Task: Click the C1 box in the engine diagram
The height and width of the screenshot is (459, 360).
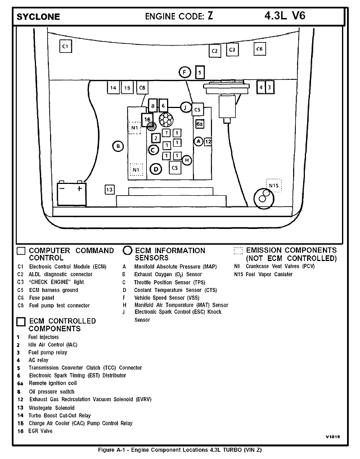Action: (66, 46)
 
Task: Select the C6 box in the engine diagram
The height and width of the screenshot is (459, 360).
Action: (260, 49)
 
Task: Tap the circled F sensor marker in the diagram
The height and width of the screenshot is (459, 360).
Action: (184, 73)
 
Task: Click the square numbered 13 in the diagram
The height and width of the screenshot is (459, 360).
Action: (110, 190)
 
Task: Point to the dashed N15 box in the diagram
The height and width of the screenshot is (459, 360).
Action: (274, 185)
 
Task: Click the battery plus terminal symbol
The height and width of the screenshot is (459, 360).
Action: (79, 188)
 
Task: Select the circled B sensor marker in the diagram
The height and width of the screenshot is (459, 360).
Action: (118, 146)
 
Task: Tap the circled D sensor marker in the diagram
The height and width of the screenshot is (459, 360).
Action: (156, 169)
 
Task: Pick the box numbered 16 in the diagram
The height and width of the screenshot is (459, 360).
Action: (147, 119)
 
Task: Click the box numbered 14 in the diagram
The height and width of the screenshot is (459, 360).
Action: (113, 88)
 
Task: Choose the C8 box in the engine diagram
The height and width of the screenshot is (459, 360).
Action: (142, 88)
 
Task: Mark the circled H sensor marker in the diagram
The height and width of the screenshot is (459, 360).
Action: (187, 160)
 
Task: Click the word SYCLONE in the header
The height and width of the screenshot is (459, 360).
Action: (38, 17)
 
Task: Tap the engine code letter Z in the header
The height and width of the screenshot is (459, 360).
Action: (210, 16)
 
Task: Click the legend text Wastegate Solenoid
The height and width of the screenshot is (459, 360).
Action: (52, 408)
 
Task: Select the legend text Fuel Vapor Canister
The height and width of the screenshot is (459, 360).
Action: (269, 274)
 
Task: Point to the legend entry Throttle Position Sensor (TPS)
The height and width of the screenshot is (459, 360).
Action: (170, 282)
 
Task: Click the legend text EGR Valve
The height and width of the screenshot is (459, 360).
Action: (40, 431)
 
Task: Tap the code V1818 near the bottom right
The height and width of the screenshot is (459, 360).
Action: (333, 436)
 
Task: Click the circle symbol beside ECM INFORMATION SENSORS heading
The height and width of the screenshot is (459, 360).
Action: (127, 250)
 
